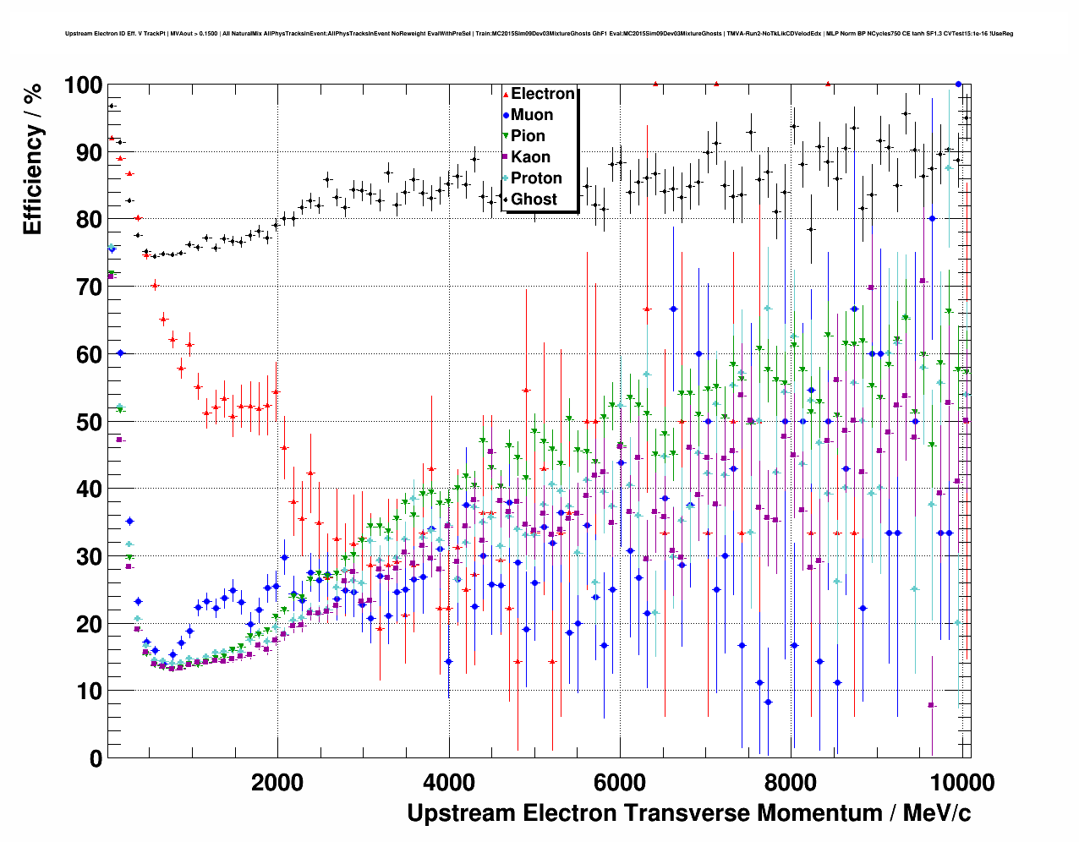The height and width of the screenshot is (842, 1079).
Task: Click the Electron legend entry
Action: pos(542,94)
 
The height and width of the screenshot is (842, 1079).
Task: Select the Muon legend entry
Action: pos(531,115)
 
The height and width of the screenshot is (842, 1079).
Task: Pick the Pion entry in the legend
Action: pos(528,136)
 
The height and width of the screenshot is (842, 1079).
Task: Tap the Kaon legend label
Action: pos(530,157)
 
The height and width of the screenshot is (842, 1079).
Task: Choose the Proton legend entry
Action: pos(536,178)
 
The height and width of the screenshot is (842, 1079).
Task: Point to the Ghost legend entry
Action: pos(534,200)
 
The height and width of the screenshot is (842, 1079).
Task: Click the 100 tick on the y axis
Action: pos(83,85)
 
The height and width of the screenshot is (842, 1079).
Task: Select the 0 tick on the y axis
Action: pos(96,758)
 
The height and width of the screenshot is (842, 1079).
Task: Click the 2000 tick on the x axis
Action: pos(277,782)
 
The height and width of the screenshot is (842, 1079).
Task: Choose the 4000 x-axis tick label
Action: pos(448,782)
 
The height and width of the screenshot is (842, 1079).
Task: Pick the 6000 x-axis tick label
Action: pos(620,782)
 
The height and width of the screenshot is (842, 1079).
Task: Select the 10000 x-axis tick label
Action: pos(960,782)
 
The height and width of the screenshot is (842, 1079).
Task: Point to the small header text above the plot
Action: pos(539,34)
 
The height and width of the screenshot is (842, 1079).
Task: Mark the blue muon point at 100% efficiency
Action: pos(958,84)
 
